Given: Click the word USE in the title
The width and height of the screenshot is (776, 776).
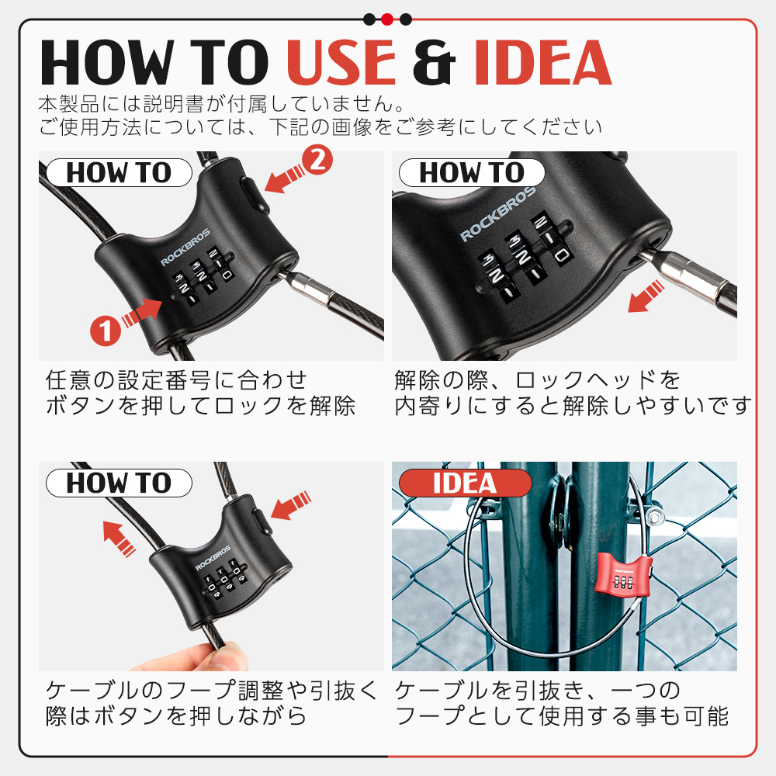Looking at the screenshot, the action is pyautogui.click(x=341, y=62).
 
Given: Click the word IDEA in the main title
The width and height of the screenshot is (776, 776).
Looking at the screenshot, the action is pyautogui.click(x=543, y=62).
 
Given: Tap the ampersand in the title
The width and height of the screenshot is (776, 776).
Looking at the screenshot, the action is pyautogui.click(x=434, y=62).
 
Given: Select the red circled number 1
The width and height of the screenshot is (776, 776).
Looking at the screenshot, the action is pyautogui.click(x=106, y=331).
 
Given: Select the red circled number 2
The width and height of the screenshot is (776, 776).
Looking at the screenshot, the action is pyautogui.click(x=317, y=159).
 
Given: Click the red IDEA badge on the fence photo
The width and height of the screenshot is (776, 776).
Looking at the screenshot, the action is pyautogui.click(x=465, y=483).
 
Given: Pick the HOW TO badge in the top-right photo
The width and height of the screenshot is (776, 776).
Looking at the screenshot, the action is pyautogui.click(x=472, y=173).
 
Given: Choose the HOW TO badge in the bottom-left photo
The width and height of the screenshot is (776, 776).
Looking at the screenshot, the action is pyautogui.click(x=119, y=483).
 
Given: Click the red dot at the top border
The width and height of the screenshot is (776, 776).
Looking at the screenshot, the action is pyautogui.click(x=387, y=19).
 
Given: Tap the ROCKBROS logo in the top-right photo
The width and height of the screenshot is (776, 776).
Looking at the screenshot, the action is pyautogui.click(x=498, y=214).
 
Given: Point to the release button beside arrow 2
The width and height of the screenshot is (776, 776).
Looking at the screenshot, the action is pyautogui.click(x=255, y=193).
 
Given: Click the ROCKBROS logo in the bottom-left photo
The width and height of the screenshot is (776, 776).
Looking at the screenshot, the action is pyautogui.click(x=213, y=558).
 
